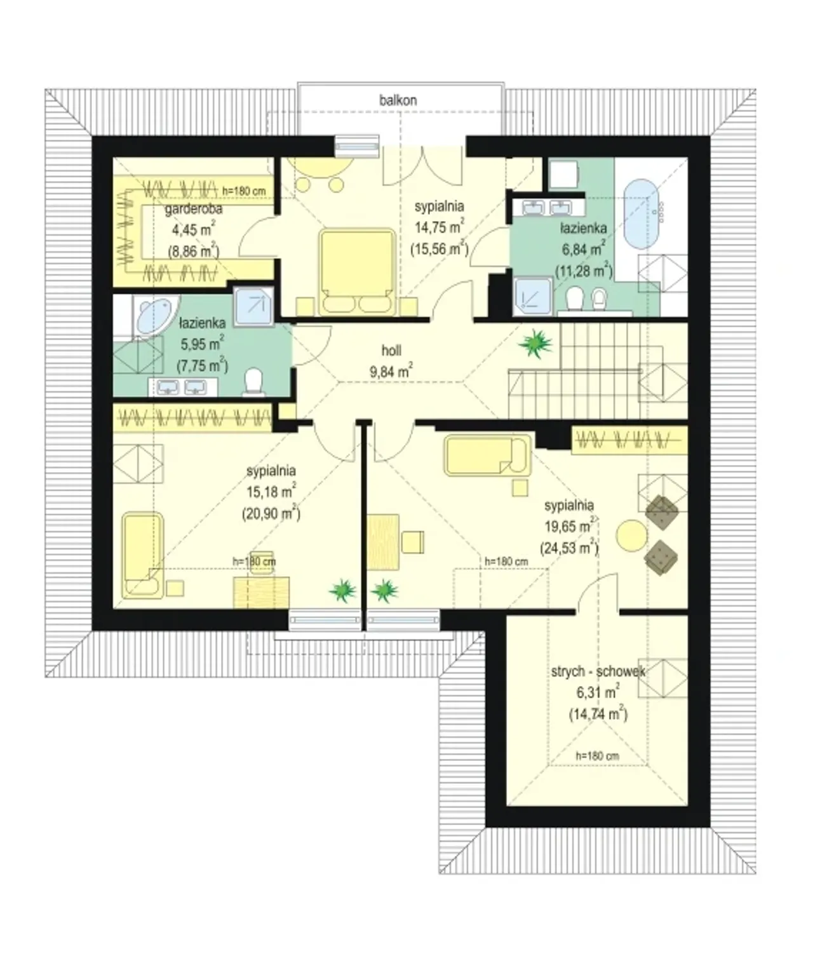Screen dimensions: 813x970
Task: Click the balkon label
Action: pyautogui.click(x=398, y=100)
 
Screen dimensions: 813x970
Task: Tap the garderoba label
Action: pyautogui.click(x=194, y=209)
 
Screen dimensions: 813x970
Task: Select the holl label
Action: pyautogui.click(x=391, y=351)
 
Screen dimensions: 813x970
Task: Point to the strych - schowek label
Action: pyautogui.click(x=598, y=671)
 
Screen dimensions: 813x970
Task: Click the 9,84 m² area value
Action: pyautogui.click(x=391, y=371)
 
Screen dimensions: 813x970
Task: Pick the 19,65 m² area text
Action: pyautogui.click(x=570, y=526)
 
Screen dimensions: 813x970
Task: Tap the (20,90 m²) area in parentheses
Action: pyautogui.click(x=271, y=513)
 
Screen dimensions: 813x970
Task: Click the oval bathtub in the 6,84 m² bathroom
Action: pyautogui.click(x=641, y=214)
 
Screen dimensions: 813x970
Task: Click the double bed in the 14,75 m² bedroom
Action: pyautogui.click(x=357, y=272)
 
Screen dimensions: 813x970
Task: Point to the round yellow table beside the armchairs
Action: pyautogui.click(x=632, y=536)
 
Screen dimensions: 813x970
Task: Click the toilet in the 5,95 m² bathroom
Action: pyautogui.click(x=253, y=383)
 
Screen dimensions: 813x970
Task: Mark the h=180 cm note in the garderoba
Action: pyautogui.click(x=244, y=191)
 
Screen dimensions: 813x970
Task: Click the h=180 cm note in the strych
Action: pyautogui.click(x=598, y=756)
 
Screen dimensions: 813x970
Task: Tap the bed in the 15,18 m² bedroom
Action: pyautogui.click(x=143, y=555)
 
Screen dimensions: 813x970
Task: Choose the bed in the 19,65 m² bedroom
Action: pyautogui.click(x=488, y=455)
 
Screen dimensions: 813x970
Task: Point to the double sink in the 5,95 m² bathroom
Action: pyautogui.click(x=182, y=387)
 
